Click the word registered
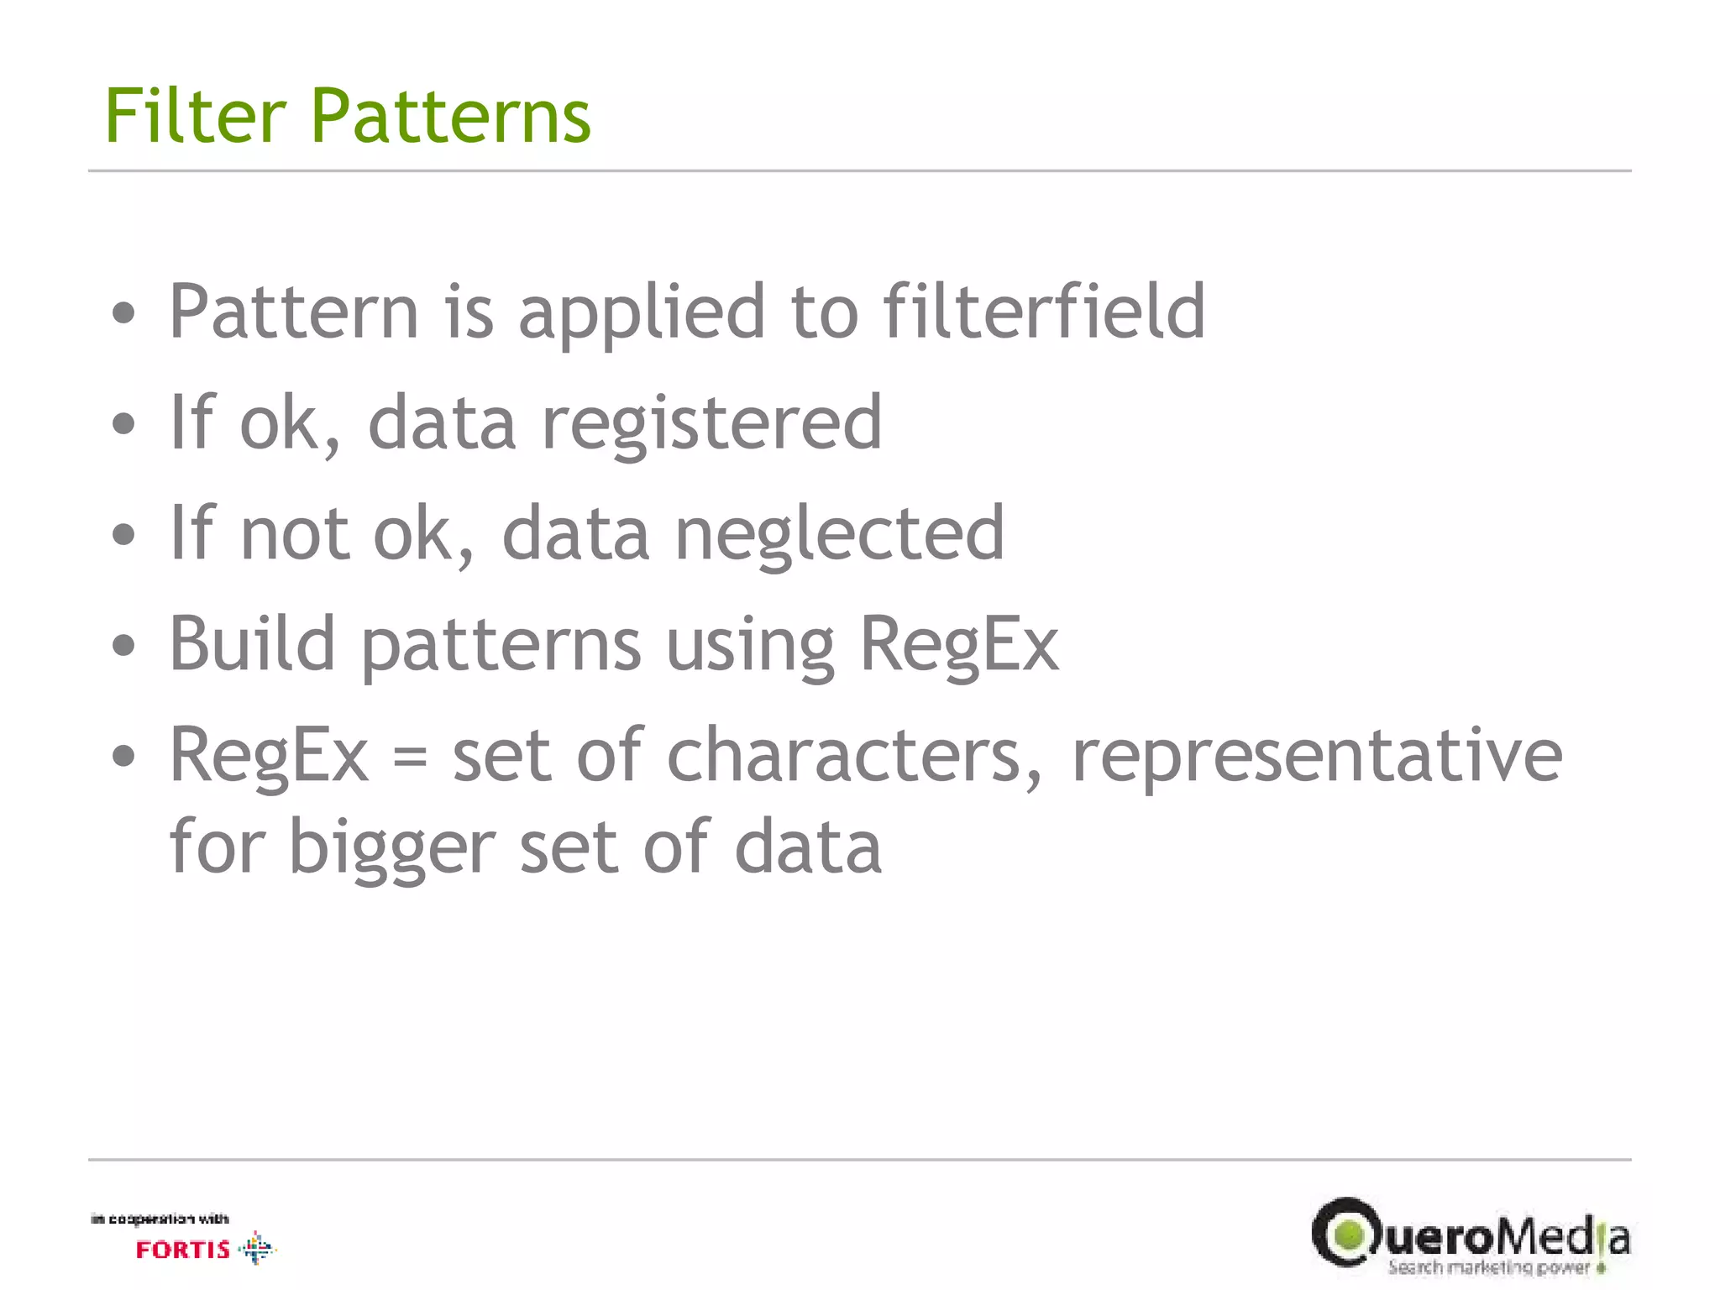[711, 425]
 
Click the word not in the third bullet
[294, 534]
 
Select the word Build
[253, 644]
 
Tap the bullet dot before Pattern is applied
[123, 314]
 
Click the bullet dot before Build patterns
[123, 646]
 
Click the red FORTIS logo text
[183, 1250]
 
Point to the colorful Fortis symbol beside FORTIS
[256, 1248]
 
